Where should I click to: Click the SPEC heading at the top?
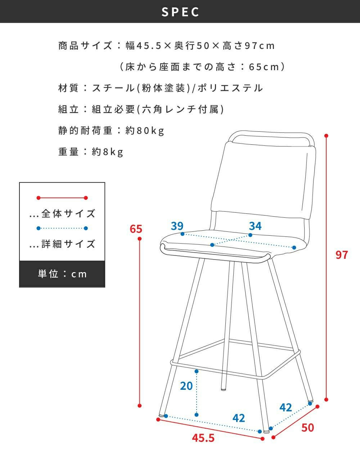click(180, 12)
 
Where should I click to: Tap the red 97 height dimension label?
click(342, 255)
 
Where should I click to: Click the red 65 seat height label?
click(136, 229)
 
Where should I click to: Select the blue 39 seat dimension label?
click(177, 226)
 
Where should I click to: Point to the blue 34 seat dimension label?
click(255, 226)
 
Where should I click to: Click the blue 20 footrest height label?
click(186, 386)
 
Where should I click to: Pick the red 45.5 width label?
click(203, 438)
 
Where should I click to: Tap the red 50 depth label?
click(307, 428)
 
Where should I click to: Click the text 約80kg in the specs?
click(145, 131)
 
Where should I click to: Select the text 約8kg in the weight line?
click(108, 152)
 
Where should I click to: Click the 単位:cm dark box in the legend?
click(62, 274)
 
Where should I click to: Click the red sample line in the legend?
click(62, 198)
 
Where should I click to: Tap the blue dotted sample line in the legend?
click(62, 228)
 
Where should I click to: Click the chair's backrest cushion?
click(264, 180)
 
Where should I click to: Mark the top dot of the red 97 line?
click(327, 136)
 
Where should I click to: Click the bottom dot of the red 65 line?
click(140, 406)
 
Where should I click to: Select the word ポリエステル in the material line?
click(230, 88)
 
